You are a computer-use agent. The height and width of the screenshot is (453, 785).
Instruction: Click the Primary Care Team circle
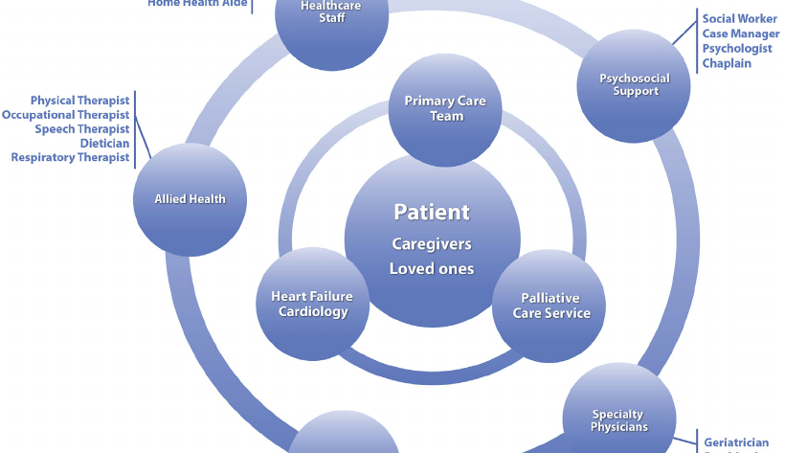pos(445,109)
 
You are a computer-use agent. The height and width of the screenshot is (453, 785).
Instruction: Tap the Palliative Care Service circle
pos(550,306)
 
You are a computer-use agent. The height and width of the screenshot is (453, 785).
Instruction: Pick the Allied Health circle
pos(191,199)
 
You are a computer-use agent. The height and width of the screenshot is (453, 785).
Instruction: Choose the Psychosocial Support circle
pos(635,85)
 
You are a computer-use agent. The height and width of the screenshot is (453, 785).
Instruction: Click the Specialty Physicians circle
pos(618,420)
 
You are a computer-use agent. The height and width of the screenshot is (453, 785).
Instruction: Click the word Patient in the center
pos(432,212)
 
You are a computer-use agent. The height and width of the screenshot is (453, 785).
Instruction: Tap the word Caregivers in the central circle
pos(432,244)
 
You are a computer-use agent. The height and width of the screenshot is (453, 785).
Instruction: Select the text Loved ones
pos(432,269)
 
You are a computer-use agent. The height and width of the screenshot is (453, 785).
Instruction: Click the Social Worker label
pos(739,18)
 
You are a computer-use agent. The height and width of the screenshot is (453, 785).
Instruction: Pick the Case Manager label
pos(740,34)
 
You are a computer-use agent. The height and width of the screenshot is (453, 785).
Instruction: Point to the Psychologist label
pos(736,49)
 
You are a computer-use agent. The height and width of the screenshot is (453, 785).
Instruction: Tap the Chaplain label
pos(727,64)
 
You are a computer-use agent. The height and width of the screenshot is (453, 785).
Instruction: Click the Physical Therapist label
pos(79,101)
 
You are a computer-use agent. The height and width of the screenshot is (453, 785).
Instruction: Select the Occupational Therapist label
pos(65,115)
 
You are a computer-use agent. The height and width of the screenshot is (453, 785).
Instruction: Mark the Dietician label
pos(104,144)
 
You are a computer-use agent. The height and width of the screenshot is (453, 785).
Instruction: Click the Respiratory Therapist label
pos(70,158)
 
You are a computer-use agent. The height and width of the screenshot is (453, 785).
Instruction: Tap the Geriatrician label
pos(735,443)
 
